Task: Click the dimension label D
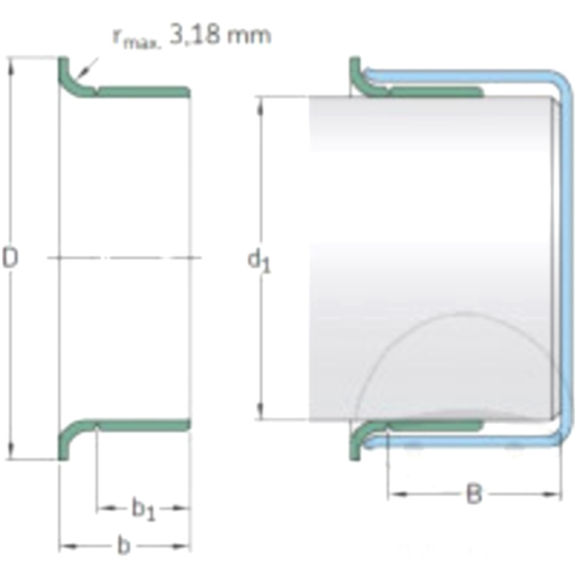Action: point(10,257)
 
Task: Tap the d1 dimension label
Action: point(259,261)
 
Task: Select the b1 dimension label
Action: point(144,509)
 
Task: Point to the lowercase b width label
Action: point(124,545)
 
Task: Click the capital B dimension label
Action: point(474,493)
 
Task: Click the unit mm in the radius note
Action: point(249,37)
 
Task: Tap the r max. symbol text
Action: point(137,39)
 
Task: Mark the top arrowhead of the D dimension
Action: point(11,66)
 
